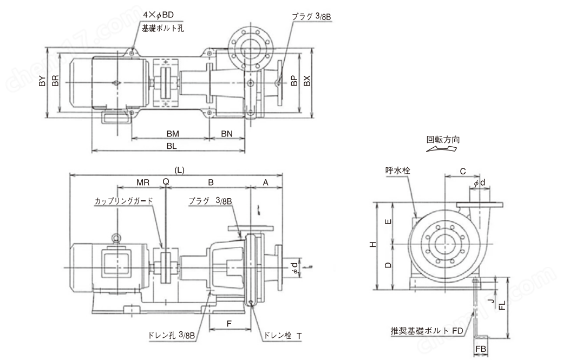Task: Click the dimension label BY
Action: pos(42,83)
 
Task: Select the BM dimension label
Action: pos(173,133)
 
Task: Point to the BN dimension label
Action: pos(227,133)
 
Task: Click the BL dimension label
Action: pos(172,146)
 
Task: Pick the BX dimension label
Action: pos(307,81)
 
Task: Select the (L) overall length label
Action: pos(179,170)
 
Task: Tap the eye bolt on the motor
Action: pos(116,237)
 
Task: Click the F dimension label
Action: pos(229,324)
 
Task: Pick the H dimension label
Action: pos(372,245)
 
